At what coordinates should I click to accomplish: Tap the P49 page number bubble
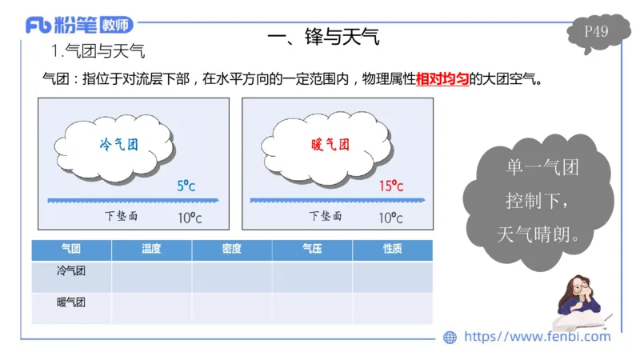coord(596,32)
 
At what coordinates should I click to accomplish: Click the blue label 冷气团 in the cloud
coord(118,145)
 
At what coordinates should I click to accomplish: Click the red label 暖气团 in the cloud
coord(330,145)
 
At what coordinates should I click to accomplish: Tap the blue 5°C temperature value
coord(186,186)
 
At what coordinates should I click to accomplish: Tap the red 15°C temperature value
coord(390,186)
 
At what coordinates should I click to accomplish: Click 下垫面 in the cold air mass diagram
coord(122,216)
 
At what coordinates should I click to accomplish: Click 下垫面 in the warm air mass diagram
coord(326,216)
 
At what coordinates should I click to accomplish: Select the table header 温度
coord(151,249)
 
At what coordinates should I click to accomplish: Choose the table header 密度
coord(232,249)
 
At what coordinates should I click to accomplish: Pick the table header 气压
coord(312,249)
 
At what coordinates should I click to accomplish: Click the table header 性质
coord(392,249)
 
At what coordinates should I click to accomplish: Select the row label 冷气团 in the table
coord(71,271)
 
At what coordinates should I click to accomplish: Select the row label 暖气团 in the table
coord(71,302)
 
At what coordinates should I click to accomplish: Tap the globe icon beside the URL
coord(450,337)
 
